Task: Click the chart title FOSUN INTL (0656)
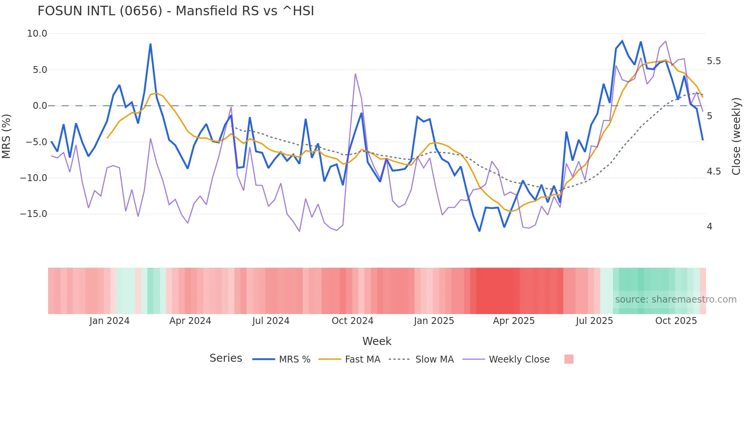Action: (176, 11)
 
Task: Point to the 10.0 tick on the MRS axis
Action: (37, 34)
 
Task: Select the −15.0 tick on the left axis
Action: (34, 214)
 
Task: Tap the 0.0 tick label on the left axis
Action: (40, 106)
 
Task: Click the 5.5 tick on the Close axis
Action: (714, 61)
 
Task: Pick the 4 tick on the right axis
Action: (709, 227)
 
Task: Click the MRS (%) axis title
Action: (6, 136)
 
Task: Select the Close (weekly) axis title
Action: (736, 136)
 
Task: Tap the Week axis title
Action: (377, 341)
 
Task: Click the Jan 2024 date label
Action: (110, 321)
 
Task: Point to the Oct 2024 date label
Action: (352, 321)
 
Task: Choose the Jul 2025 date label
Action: (594, 321)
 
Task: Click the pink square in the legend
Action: (569, 359)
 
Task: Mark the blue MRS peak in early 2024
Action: (150, 44)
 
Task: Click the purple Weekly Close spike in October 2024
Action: (355, 74)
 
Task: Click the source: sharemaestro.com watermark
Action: (675, 300)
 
